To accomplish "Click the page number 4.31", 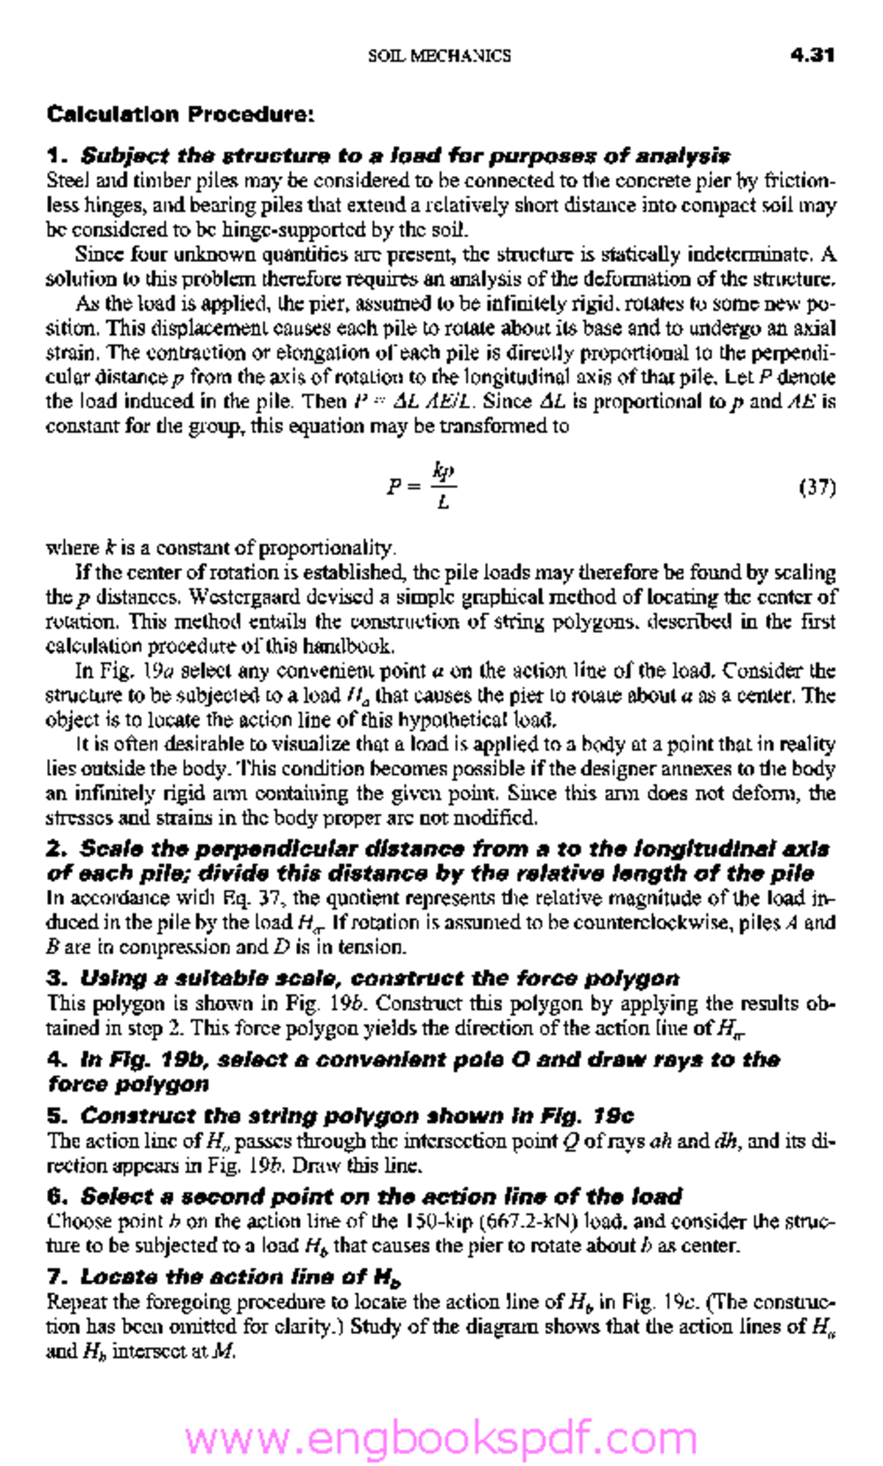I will tap(812, 55).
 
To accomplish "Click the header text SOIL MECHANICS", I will tap(439, 56).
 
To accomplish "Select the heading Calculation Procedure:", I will tap(180, 115).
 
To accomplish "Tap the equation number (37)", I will tap(817, 487).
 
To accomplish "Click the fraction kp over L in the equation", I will tap(443, 486).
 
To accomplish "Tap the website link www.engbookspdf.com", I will tap(440, 1437).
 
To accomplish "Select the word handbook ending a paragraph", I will tap(357, 647).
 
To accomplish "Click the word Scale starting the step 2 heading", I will tap(107, 849).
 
